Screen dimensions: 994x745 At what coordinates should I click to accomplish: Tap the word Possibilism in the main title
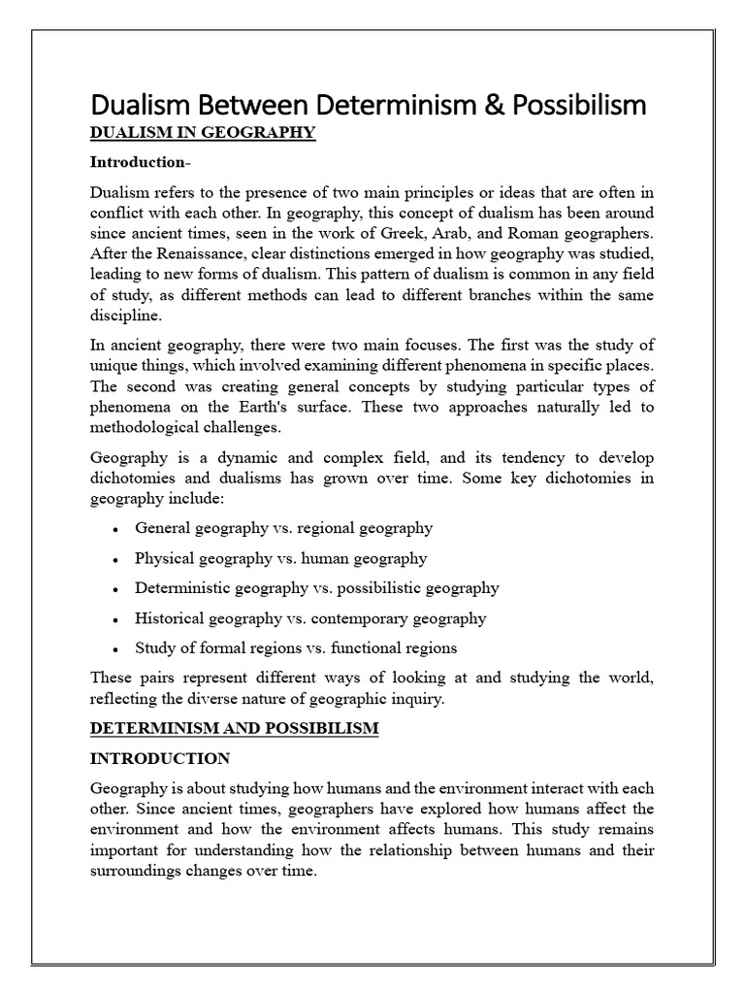coord(582,104)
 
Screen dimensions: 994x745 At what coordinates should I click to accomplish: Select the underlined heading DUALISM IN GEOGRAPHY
coord(203,133)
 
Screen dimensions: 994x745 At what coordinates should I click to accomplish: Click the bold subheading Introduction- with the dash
coord(139,161)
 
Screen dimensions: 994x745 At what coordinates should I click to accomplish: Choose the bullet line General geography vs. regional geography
coord(283,528)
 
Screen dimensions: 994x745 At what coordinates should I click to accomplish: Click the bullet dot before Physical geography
coord(116,560)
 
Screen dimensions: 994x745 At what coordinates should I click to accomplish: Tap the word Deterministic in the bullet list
coord(181,587)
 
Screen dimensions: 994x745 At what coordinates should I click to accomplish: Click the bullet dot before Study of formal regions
coord(116,649)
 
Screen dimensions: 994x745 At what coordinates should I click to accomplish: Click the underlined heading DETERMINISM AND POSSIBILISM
coord(234,729)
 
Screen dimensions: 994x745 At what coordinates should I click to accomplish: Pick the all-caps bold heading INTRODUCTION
coord(160,758)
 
